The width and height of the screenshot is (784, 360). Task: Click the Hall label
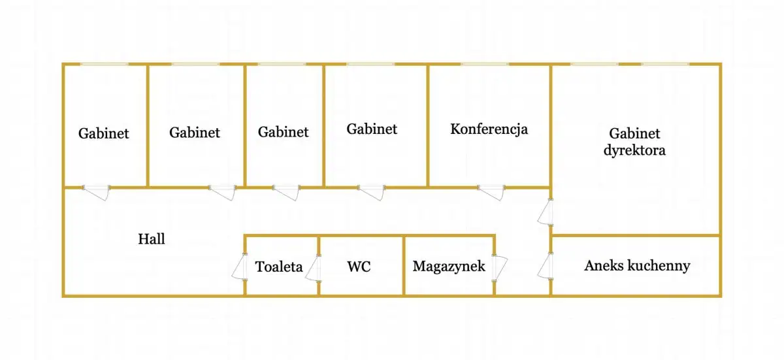click(x=151, y=239)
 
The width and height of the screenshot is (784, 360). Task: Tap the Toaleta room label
click(x=279, y=267)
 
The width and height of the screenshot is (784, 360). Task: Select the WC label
click(x=359, y=267)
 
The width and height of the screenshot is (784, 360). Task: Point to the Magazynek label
click(x=449, y=267)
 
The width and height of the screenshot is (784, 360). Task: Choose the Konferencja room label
click(x=489, y=129)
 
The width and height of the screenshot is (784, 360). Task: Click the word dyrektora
click(x=634, y=150)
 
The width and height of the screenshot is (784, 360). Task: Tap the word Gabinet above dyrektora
click(x=634, y=134)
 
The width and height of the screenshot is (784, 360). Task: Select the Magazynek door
click(x=500, y=267)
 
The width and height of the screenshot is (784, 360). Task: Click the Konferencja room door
click(x=492, y=192)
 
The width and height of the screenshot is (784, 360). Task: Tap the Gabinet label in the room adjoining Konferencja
click(x=372, y=129)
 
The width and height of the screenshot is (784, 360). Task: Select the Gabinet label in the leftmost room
click(x=104, y=133)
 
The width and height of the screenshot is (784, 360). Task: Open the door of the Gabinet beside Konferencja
click(x=372, y=192)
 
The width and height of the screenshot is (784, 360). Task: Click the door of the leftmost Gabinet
click(x=97, y=192)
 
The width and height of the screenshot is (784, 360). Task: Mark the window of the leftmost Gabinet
click(x=105, y=64)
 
